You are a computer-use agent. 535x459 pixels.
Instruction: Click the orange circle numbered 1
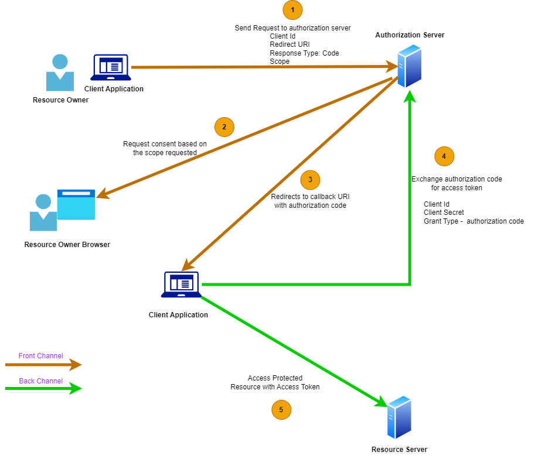click(292, 10)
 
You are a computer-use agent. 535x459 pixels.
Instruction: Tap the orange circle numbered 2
click(224, 126)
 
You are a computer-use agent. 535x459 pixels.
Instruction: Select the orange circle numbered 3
click(310, 180)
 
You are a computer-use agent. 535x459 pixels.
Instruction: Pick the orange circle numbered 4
click(444, 156)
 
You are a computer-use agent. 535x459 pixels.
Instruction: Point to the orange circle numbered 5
click(281, 410)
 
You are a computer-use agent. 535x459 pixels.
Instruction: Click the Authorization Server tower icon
click(410, 67)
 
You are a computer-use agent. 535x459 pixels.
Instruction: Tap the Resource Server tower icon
click(399, 417)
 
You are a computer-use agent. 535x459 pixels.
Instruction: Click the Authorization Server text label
click(410, 35)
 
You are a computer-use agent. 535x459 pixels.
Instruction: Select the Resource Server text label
click(399, 450)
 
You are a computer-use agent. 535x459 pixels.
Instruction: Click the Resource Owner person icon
click(60, 73)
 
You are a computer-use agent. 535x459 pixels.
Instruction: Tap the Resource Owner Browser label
click(67, 244)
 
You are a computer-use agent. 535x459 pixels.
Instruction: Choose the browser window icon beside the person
click(76, 204)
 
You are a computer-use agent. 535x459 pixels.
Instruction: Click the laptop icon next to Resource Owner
click(111, 68)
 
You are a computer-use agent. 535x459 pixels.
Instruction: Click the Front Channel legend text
click(40, 356)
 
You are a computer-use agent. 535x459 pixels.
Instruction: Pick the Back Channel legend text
click(40, 381)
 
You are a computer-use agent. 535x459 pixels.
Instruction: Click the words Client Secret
click(444, 213)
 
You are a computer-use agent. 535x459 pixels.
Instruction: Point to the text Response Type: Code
click(304, 53)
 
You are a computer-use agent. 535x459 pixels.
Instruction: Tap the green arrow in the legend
click(43, 388)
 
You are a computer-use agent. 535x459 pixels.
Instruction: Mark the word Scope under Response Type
click(280, 61)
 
